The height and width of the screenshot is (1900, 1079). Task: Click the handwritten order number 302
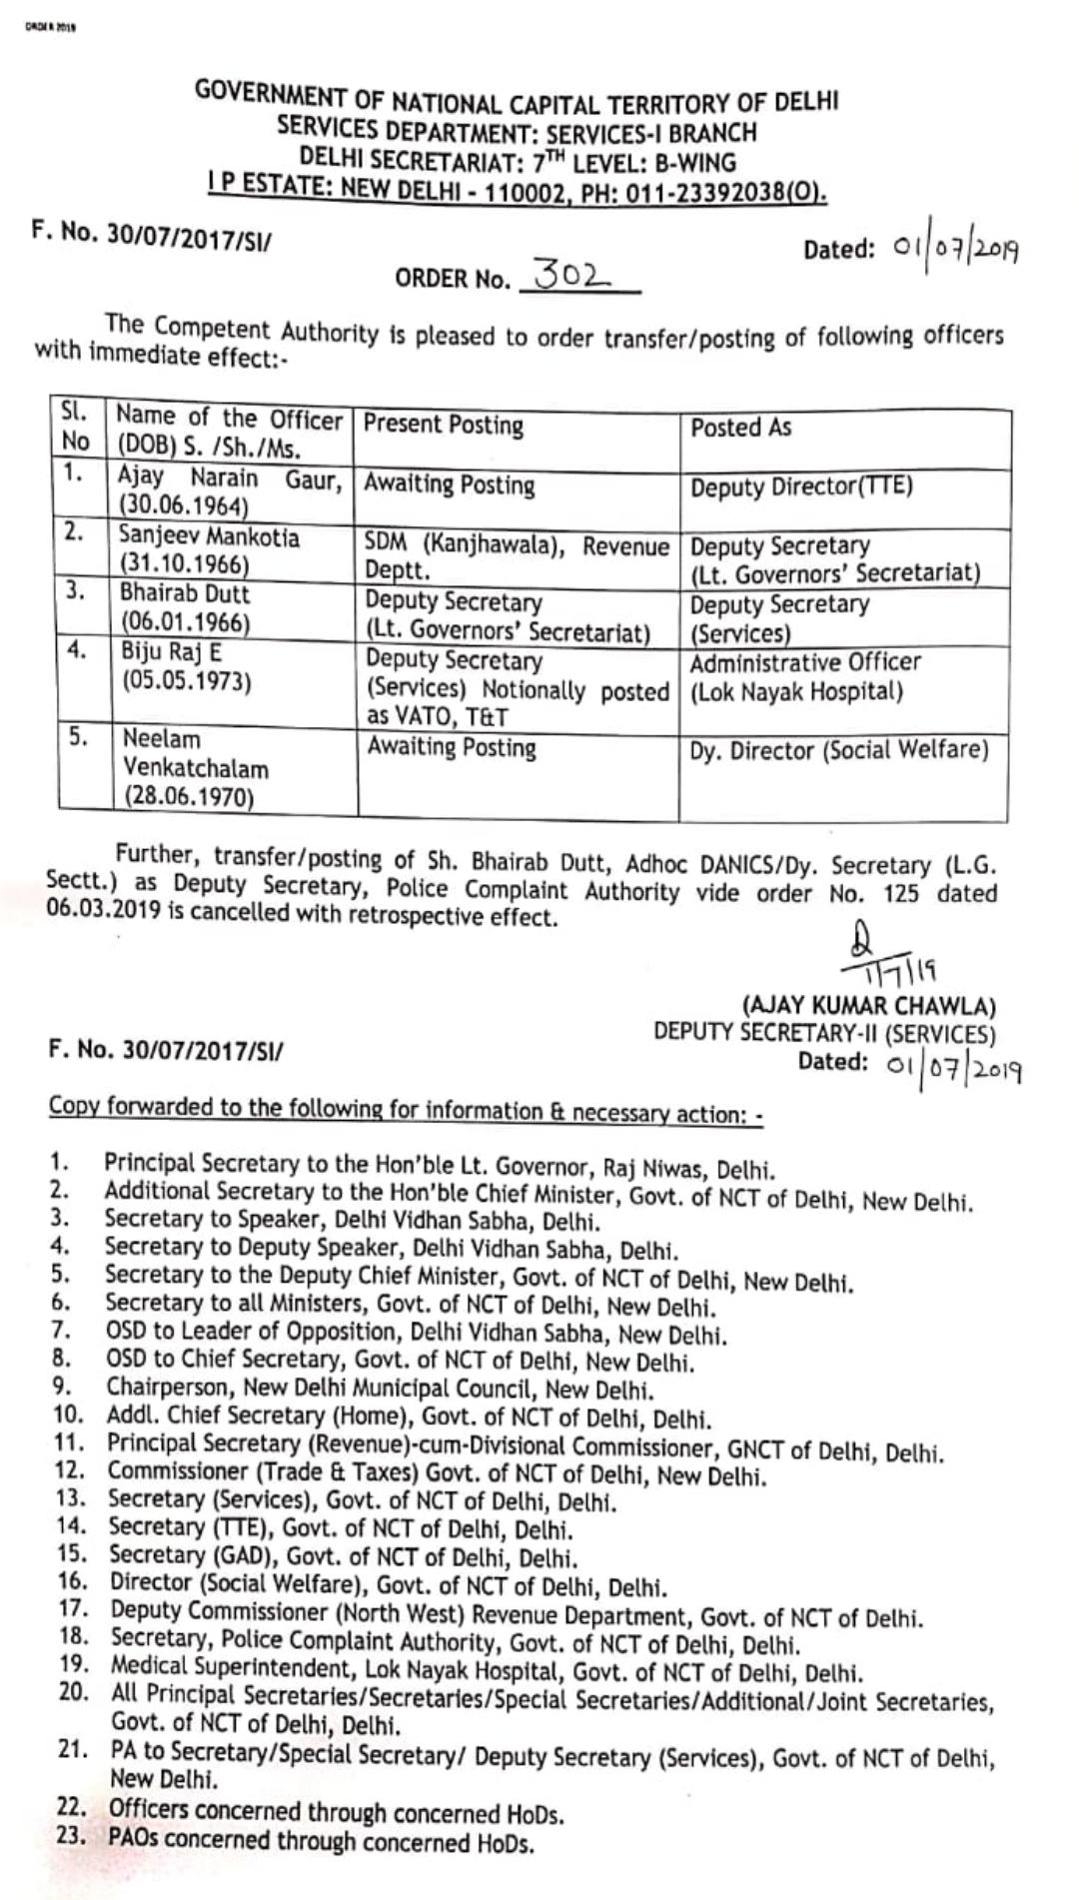click(x=572, y=274)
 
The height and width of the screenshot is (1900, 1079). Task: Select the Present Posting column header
click(x=444, y=425)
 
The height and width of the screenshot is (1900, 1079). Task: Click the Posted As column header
click(x=740, y=428)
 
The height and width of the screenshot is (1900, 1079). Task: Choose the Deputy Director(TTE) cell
click(x=801, y=487)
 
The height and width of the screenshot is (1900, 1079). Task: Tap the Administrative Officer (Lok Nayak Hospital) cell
click(x=805, y=677)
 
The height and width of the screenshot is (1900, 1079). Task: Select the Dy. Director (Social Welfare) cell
click(x=839, y=750)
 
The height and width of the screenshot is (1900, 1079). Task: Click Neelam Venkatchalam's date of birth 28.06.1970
click(x=189, y=797)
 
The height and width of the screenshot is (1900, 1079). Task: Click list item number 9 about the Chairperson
click(x=380, y=1389)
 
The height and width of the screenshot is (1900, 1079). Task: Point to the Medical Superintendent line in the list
click(x=486, y=1671)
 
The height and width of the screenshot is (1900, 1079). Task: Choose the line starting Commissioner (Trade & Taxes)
click(x=437, y=1473)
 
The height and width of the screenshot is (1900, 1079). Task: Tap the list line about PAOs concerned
click(x=321, y=1841)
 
